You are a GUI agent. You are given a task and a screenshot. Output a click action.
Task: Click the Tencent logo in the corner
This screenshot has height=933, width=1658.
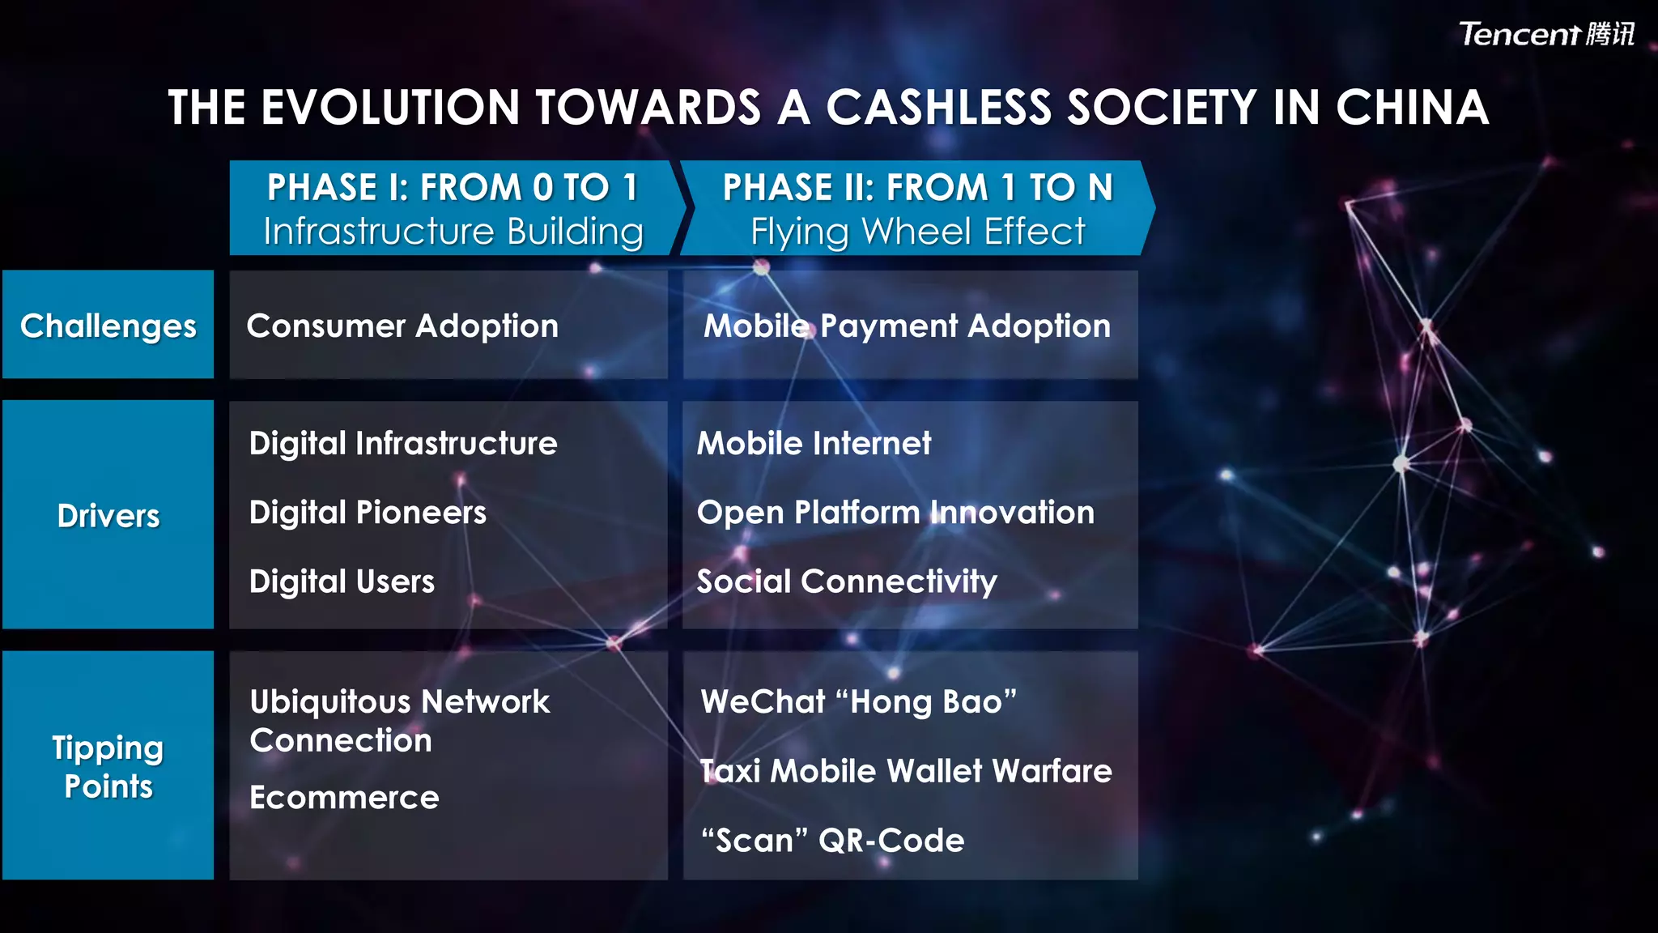(x=1545, y=34)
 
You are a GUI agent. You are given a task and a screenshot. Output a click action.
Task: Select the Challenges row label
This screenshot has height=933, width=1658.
(x=108, y=326)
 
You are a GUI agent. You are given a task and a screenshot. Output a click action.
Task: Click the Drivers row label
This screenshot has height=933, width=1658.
(x=108, y=516)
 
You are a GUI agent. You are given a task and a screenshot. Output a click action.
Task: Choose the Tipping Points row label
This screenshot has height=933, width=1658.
(x=108, y=766)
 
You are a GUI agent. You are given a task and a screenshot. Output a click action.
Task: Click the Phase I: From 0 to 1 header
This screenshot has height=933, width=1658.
(x=453, y=188)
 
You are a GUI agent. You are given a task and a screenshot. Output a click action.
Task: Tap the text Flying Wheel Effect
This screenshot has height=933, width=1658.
(x=917, y=232)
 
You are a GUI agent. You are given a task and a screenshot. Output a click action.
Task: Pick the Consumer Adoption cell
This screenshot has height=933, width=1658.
(x=402, y=326)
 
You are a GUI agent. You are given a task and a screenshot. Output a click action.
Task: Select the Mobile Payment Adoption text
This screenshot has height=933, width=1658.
(x=907, y=326)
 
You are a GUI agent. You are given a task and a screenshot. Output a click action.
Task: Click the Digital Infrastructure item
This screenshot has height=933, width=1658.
(x=403, y=444)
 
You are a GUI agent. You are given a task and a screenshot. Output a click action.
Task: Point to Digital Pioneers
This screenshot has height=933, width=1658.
(x=368, y=513)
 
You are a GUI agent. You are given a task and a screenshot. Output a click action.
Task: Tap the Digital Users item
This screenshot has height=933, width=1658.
(x=342, y=582)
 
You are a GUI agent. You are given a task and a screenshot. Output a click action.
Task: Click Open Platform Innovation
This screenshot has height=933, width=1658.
(x=895, y=513)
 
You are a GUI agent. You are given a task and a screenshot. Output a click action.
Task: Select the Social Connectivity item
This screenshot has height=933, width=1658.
(x=847, y=582)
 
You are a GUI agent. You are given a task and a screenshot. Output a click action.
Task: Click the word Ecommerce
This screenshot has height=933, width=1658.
(x=344, y=798)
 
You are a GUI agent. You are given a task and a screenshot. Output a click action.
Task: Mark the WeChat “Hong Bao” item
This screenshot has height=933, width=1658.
(x=858, y=701)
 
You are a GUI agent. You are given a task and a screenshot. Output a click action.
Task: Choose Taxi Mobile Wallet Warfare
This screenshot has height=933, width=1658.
(x=906, y=771)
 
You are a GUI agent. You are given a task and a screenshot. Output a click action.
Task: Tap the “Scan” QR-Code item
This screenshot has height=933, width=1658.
(x=832, y=841)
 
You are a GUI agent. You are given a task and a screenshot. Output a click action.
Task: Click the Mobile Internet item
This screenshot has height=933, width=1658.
(x=814, y=444)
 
